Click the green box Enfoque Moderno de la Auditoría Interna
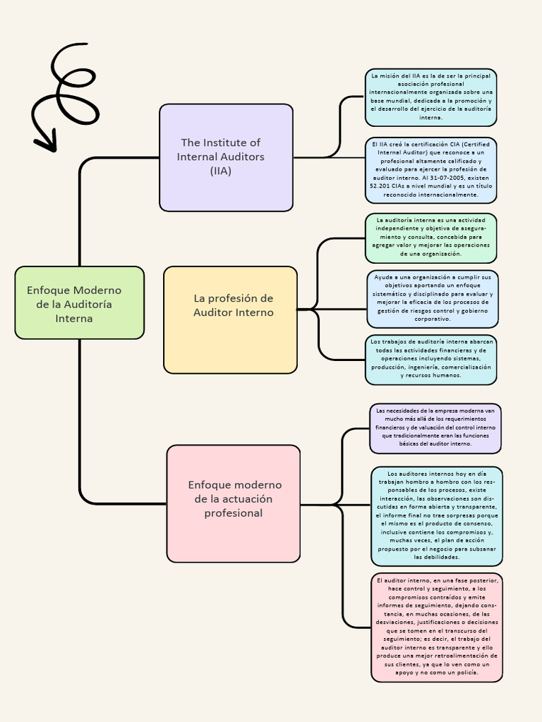click(x=79, y=302)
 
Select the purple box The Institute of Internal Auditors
click(x=226, y=157)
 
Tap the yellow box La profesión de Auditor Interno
click(x=230, y=319)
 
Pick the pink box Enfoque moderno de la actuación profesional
click(x=233, y=503)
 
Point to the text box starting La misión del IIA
click(x=430, y=97)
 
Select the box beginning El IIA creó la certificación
click(x=430, y=169)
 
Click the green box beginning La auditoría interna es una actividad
click(x=430, y=238)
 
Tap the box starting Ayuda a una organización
click(x=433, y=298)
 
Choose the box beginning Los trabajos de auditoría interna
click(x=430, y=360)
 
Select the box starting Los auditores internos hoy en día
click(x=436, y=515)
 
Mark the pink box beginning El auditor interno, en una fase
click(x=436, y=627)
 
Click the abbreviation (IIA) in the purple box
click(x=220, y=171)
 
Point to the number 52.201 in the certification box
click(x=383, y=187)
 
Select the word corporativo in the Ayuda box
click(x=433, y=319)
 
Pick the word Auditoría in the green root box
click(x=88, y=305)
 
